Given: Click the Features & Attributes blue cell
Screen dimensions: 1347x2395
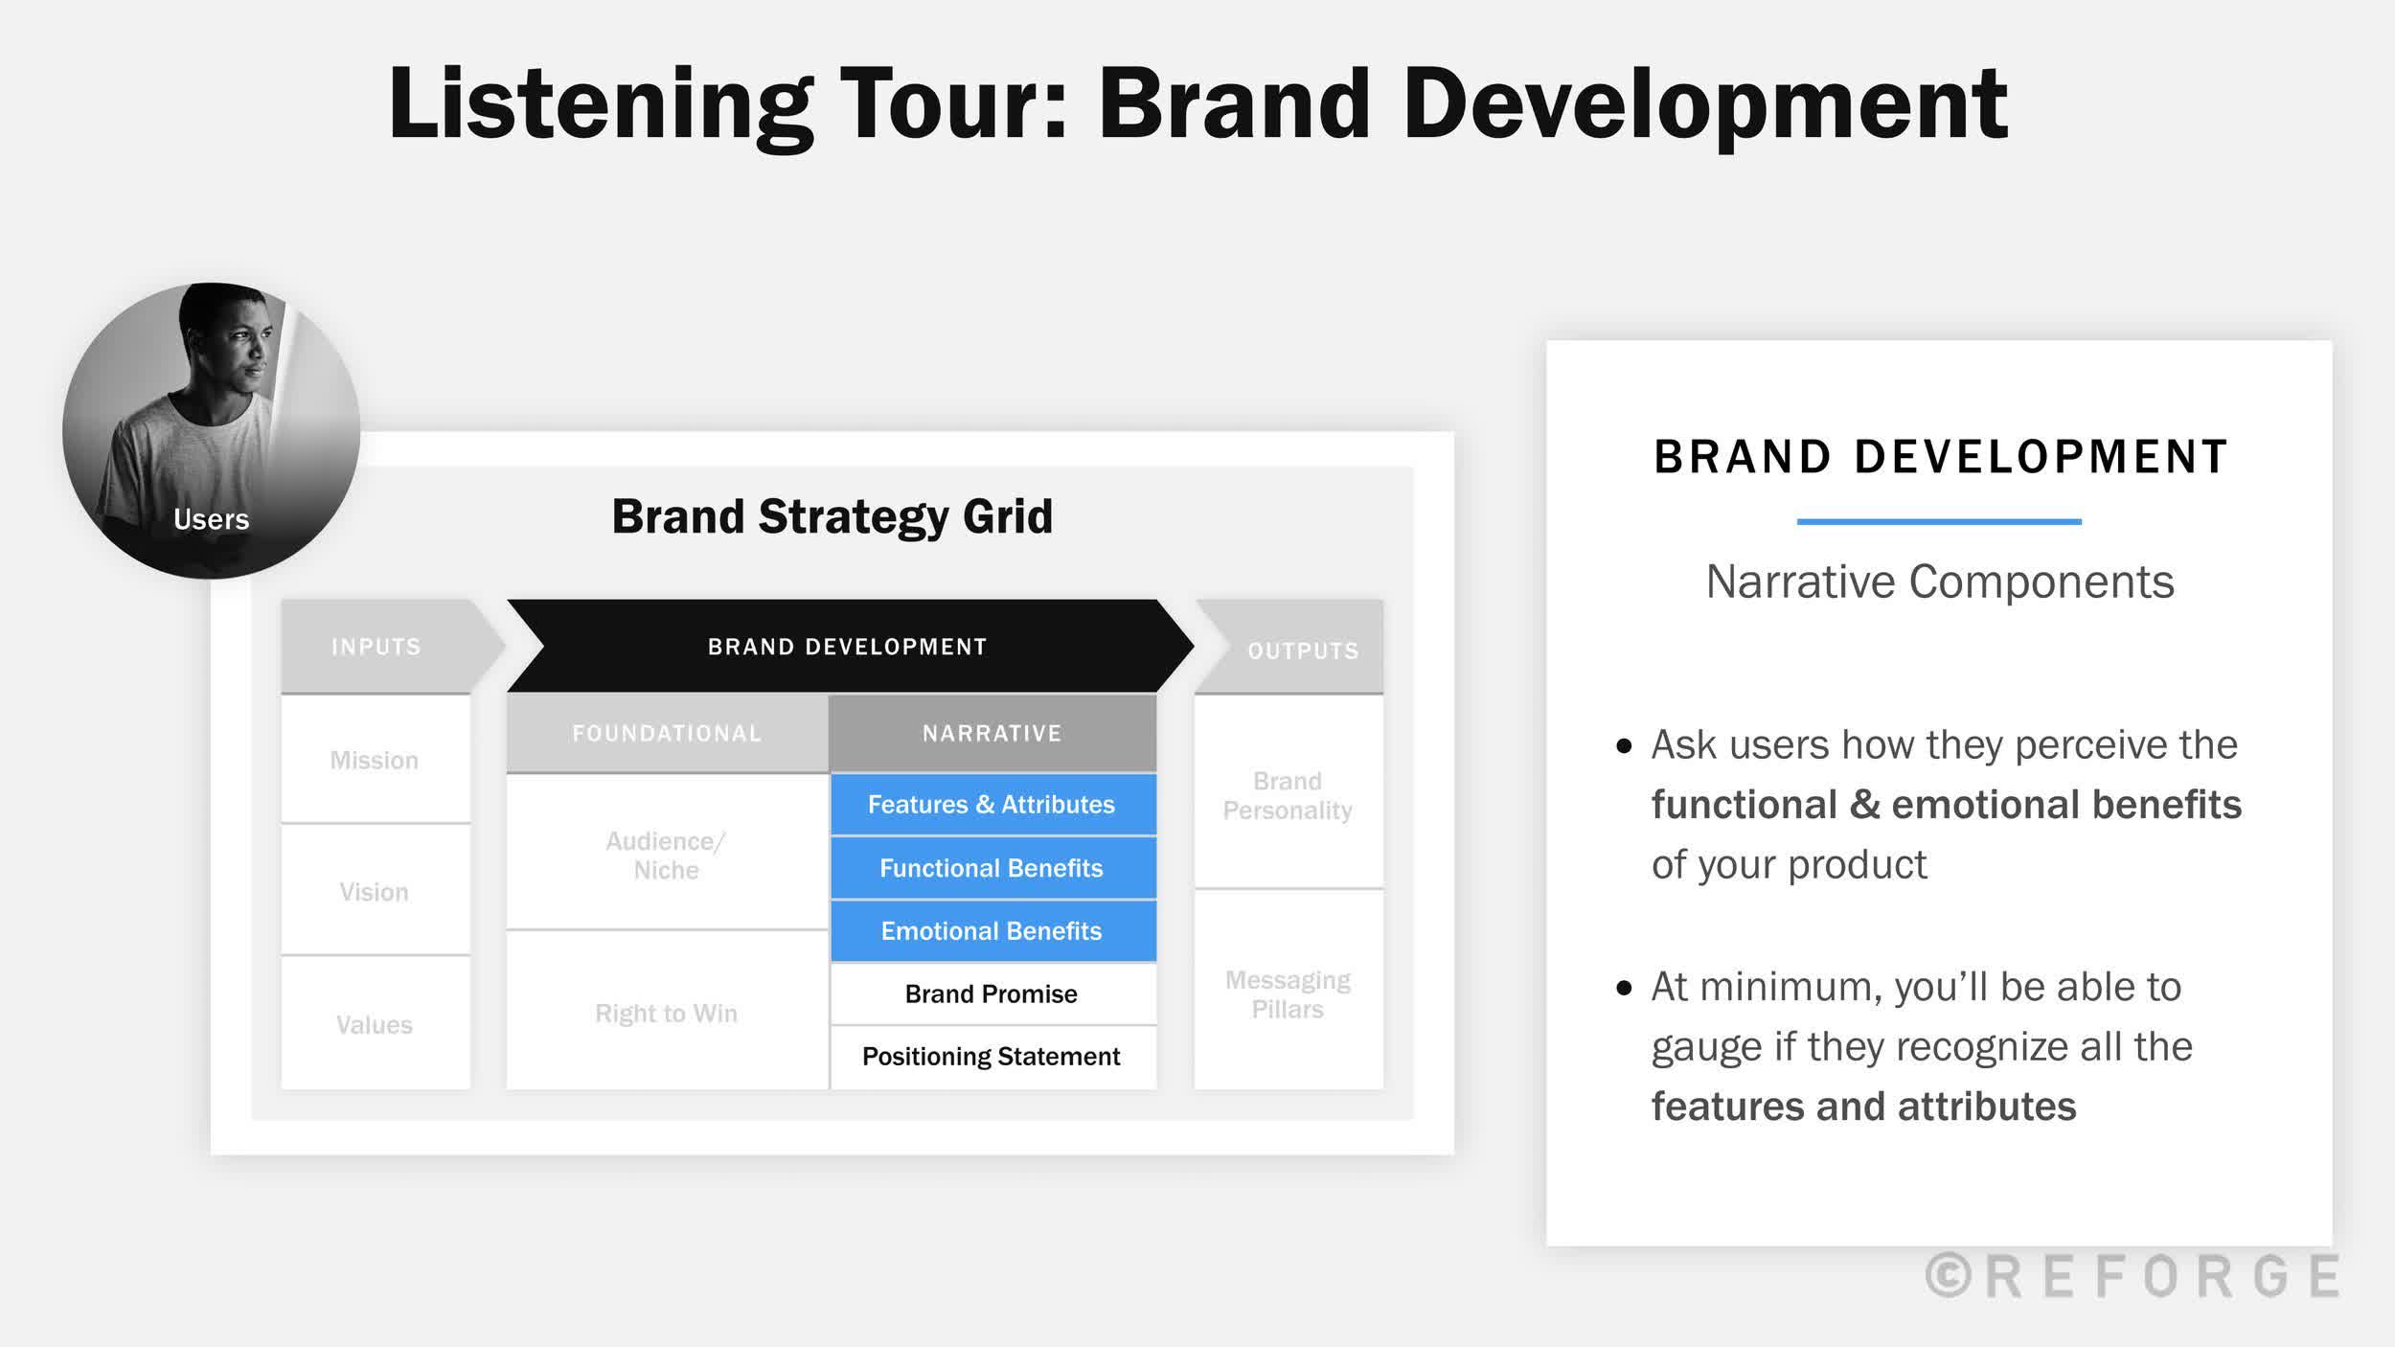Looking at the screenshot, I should tap(992, 805).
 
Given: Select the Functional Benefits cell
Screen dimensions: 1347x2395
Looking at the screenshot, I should tap(992, 868).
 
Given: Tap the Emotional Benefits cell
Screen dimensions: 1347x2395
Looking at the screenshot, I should tap(992, 931).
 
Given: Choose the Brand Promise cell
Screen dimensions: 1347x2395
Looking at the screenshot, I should tap(992, 994).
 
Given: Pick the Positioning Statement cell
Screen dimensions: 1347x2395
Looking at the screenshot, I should tap(992, 1057).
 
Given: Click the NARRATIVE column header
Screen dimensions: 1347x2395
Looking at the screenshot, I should tap(992, 733).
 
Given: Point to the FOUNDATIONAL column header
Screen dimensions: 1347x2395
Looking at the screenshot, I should tap(667, 733).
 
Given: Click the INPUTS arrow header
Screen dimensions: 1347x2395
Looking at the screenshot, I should tap(376, 647).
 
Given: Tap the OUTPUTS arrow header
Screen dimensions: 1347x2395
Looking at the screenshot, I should tap(1302, 651).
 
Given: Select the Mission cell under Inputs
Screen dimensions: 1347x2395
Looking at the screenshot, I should tap(375, 761).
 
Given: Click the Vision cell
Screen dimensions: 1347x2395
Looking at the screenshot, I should tap(375, 892).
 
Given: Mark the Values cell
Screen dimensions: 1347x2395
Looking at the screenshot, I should tap(375, 1024).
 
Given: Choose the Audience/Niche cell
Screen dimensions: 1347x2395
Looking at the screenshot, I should tap(667, 856).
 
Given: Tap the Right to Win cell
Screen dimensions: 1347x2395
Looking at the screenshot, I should tap(667, 1014).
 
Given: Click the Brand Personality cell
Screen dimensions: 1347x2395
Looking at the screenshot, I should tap(1288, 795).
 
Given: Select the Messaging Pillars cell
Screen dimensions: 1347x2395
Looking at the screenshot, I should tap(1288, 994).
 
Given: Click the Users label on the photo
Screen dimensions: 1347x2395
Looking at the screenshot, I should tap(211, 519).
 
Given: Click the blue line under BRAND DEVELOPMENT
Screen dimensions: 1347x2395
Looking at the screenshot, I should tap(1939, 521).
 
